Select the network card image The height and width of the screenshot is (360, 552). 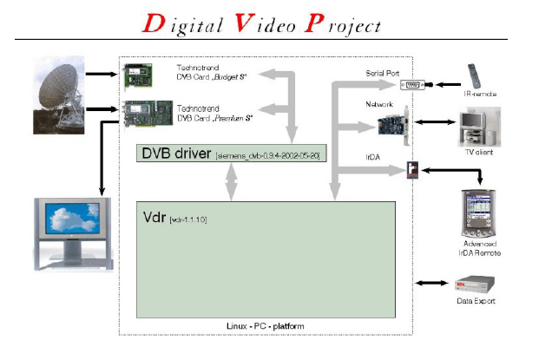(396, 126)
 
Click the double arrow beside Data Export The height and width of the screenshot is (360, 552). (430, 284)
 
